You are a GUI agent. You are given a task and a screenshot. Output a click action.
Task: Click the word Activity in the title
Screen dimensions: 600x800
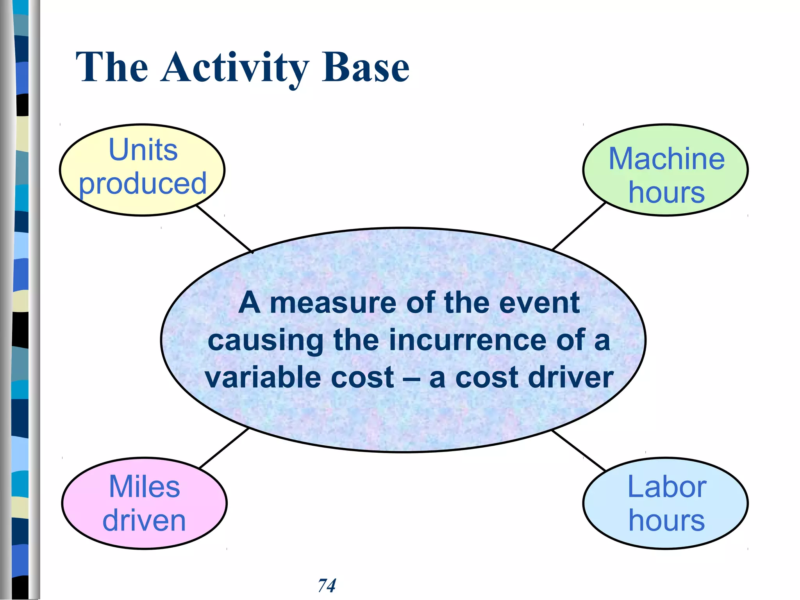[x=234, y=68]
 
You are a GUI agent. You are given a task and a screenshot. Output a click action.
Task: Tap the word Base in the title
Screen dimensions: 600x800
[x=365, y=68]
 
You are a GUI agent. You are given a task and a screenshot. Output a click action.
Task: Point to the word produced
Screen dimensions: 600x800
[x=143, y=184]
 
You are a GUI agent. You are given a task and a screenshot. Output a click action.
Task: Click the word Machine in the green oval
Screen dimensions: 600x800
[x=666, y=159]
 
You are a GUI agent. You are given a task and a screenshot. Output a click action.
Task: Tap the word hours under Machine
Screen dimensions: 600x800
[x=666, y=193]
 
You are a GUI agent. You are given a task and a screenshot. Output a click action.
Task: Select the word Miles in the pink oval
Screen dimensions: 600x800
[x=144, y=487]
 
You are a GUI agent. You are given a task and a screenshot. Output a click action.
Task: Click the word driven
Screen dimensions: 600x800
[x=144, y=521]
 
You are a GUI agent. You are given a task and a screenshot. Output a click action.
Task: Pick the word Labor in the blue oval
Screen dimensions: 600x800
[x=666, y=487]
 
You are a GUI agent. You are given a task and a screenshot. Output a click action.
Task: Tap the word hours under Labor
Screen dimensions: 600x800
[x=666, y=521]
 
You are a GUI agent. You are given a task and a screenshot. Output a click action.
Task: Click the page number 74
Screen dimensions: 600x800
[x=327, y=586]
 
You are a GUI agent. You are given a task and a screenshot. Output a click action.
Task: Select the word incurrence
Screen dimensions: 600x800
[x=469, y=340]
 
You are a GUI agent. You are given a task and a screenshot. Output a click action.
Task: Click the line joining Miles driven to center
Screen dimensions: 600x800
[x=224, y=448]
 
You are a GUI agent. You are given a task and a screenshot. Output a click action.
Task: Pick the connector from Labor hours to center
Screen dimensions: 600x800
[x=578, y=450]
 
